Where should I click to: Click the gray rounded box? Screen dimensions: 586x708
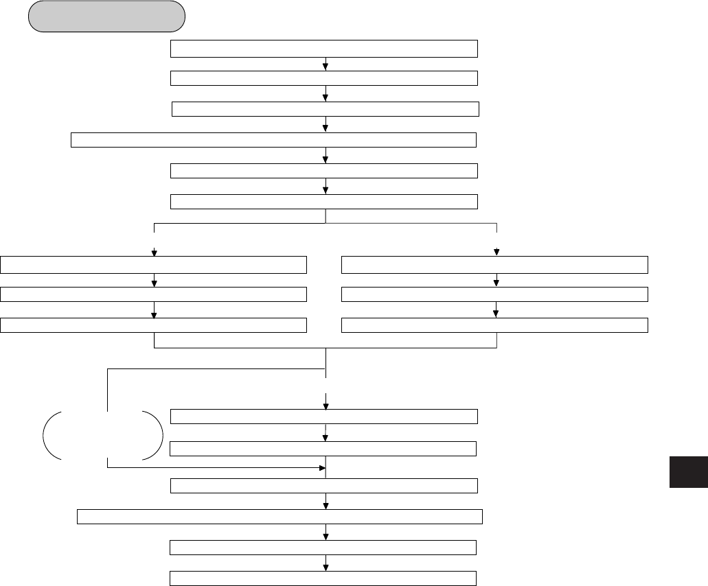[x=106, y=16]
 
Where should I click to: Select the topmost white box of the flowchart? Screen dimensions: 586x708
[x=324, y=49]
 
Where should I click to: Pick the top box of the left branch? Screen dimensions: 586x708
[x=154, y=264]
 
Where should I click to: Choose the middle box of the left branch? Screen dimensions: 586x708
[x=154, y=294]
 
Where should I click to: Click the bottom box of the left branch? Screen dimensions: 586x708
[x=154, y=325]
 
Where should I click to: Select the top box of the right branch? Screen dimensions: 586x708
[x=494, y=264]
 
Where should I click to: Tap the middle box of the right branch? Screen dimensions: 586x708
[x=494, y=294]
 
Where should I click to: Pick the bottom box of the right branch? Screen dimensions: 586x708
[x=494, y=325]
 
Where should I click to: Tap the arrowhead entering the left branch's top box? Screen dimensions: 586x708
[x=155, y=252]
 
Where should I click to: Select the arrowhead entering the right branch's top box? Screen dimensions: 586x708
[x=496, y=252]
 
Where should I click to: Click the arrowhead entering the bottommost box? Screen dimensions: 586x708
[x=325, y=567]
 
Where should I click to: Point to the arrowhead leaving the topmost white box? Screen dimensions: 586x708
[x=325, y=67]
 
